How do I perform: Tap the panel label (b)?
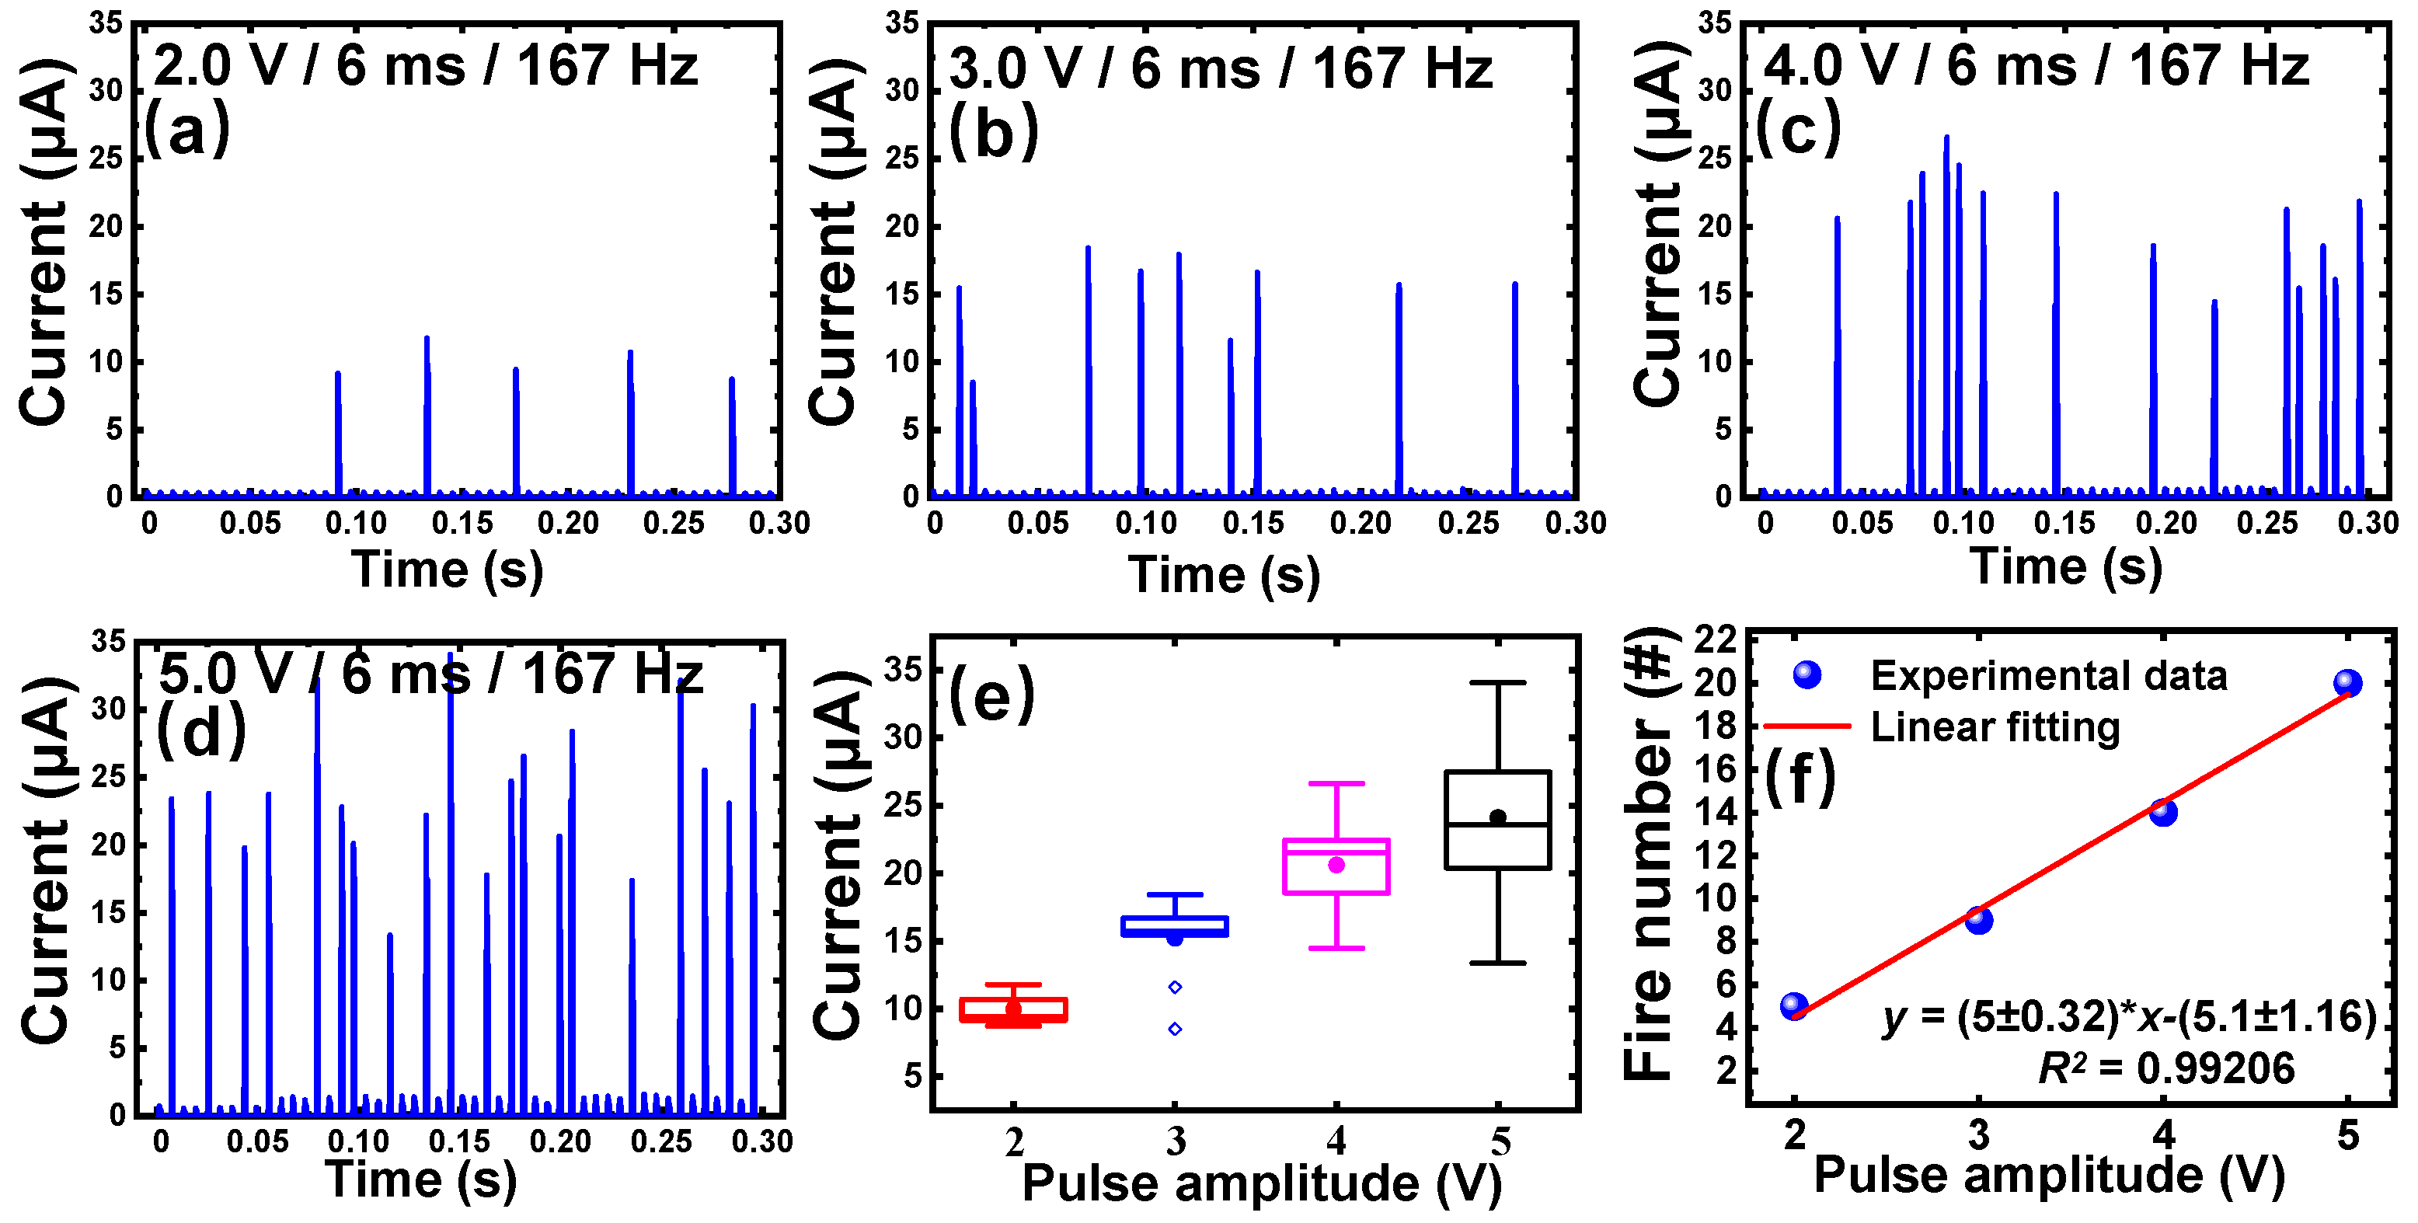(993, 131)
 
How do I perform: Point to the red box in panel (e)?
(1013, 1010)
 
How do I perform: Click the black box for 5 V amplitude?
(1497, 820)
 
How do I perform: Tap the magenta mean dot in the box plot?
(1336, 865)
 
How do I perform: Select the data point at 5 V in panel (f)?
(2347, 682)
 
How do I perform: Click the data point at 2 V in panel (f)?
(1794, 1006)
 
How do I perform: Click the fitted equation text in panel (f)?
(2129, 1016)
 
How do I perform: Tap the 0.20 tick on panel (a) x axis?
(568, 523)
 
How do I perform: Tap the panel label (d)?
(201, 732)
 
